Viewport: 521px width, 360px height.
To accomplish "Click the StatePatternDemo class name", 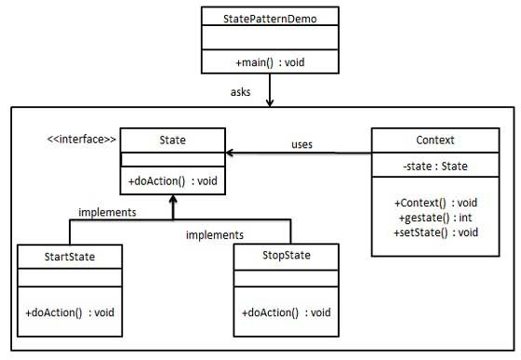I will [x=268, y=17].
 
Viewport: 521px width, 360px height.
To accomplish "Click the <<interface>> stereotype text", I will [x=82, y=140].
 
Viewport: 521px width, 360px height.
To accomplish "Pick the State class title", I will [x=173, y=140].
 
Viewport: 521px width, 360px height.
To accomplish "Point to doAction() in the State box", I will [x=172, y=180].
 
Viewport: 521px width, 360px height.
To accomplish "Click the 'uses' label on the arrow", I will [x=301, y=144].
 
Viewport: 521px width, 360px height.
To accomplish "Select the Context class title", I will [x=435, y=140].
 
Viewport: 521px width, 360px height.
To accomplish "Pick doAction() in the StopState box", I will [x=287, y=311].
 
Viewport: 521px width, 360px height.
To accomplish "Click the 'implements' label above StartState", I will [x=108, y=212].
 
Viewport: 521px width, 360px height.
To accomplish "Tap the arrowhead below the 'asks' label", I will [x=268, y=102].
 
